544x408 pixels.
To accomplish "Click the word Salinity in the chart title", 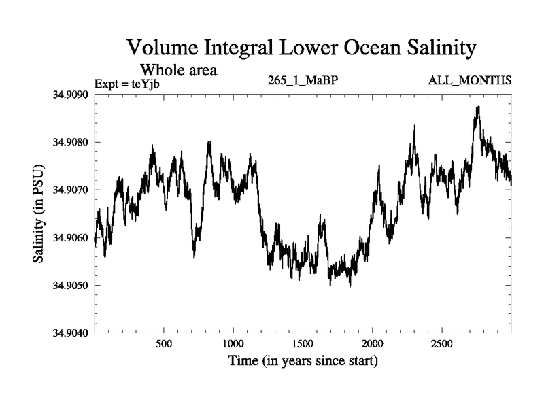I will coord(432,49).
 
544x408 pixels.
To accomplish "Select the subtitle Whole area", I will coord(178,69).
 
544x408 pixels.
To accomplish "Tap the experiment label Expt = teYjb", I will coord(127,84).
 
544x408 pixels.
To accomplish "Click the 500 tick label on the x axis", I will coord(164,343).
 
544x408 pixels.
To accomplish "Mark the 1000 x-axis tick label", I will coord(233,343).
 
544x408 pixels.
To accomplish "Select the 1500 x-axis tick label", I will coord(303,343).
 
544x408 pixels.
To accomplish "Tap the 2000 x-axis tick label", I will coord(373,343).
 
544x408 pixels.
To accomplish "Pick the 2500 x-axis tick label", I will coord(442,343).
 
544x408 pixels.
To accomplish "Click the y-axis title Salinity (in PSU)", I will coord(39,214).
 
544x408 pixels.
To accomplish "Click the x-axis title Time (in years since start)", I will coord(303,361).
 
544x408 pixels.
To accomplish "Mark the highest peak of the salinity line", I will coord(478,107).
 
